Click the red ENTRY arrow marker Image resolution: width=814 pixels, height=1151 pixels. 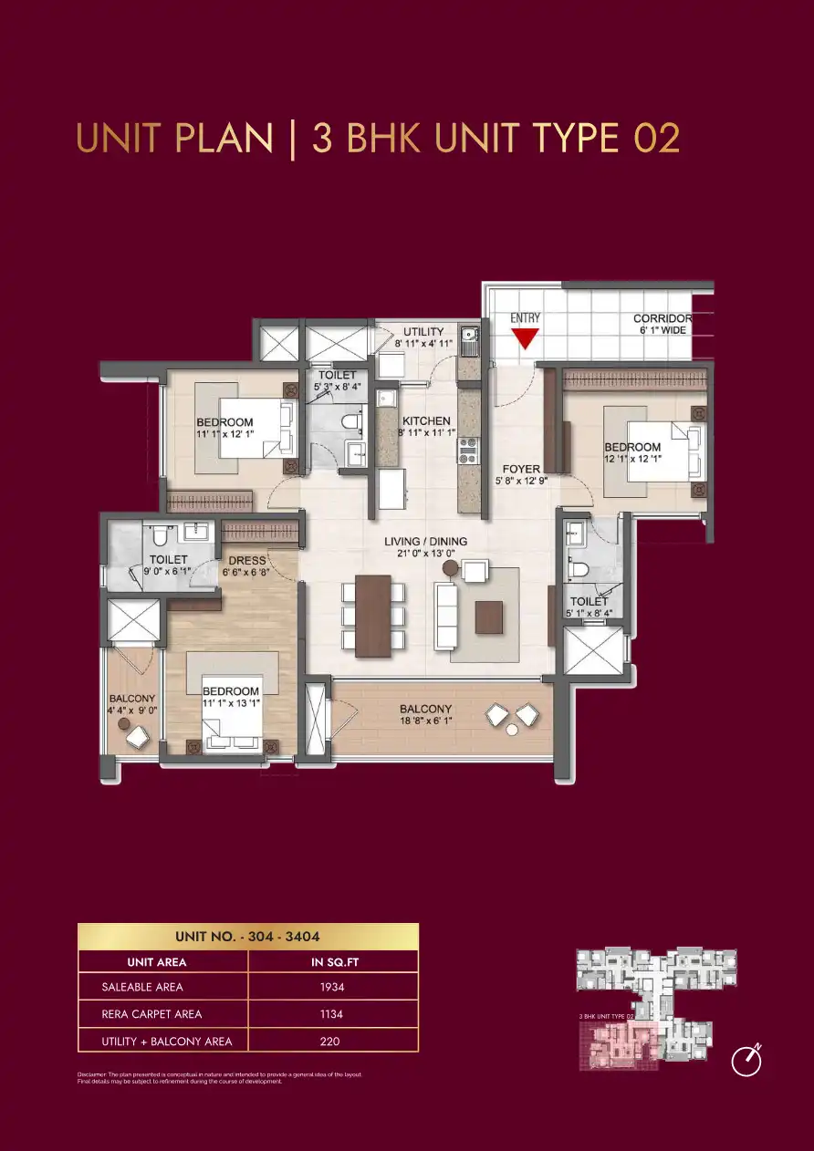(x=525, y=338)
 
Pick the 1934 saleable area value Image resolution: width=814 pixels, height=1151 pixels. (x=332, y=986)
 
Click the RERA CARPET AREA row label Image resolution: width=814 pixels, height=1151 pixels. (x=152, y=1013)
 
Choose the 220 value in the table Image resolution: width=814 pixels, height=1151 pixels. (x=332, y=1041)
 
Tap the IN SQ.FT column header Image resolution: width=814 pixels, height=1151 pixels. (x=332, y=962)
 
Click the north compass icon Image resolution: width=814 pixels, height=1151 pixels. (x=747, y=1060)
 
